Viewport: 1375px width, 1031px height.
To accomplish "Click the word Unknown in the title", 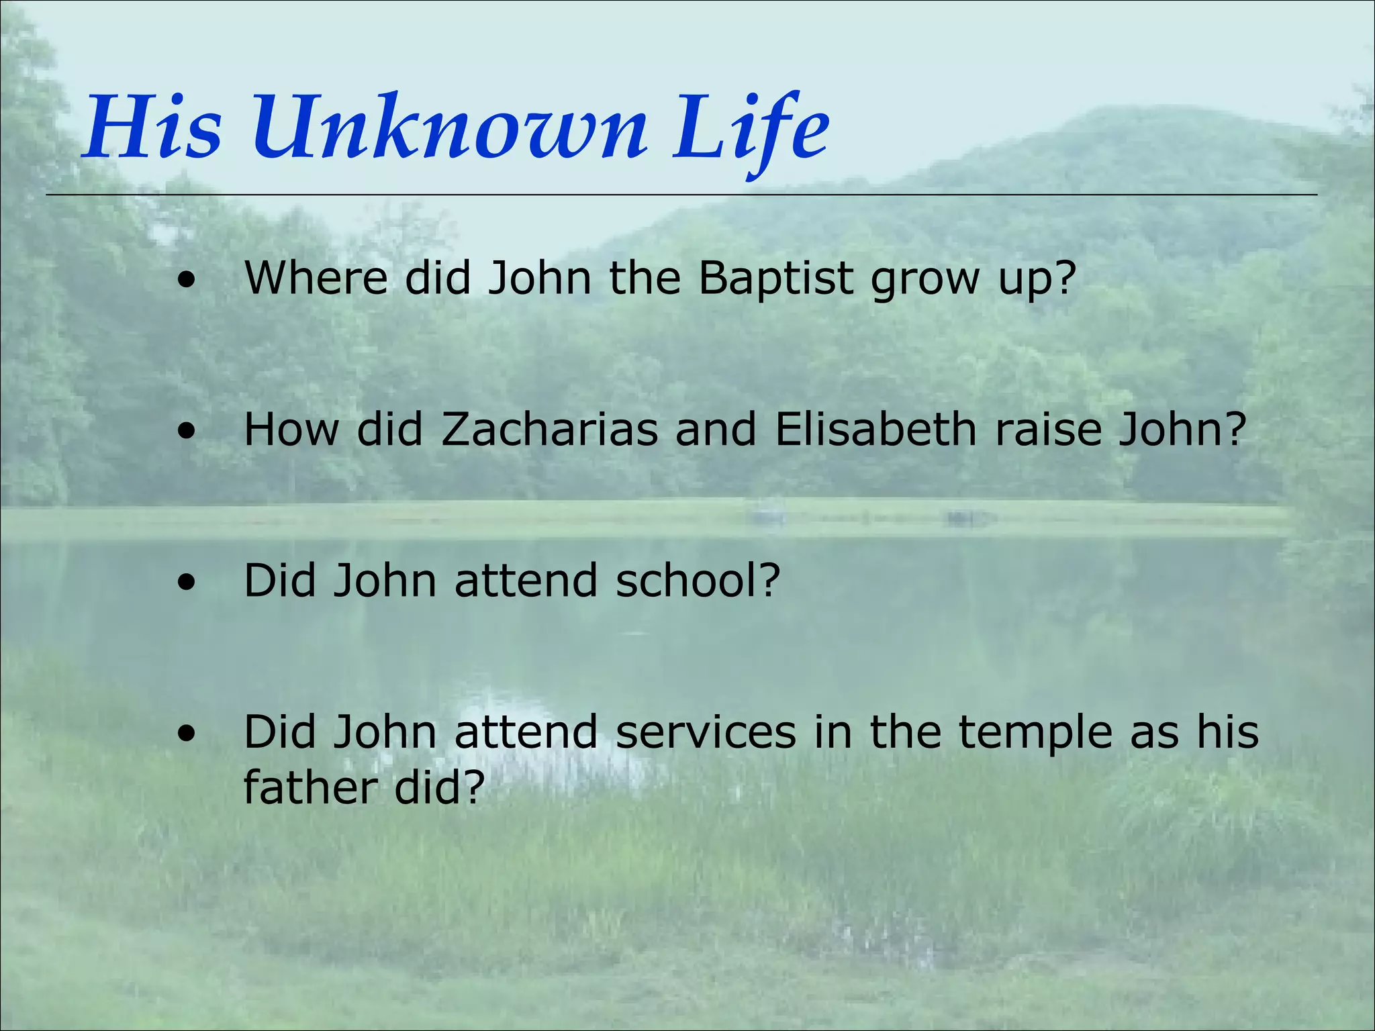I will coord(450,128).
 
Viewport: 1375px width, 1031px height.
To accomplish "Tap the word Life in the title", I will coord(751,128).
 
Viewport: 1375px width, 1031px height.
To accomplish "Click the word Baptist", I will coord(775,277).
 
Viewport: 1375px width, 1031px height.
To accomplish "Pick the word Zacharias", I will coord(549,429).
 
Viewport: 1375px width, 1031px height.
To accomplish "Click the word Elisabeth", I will coord(875,429).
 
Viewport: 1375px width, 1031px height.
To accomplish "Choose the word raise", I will coord(1047,429).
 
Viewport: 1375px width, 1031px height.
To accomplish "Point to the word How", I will coord(291,429).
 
